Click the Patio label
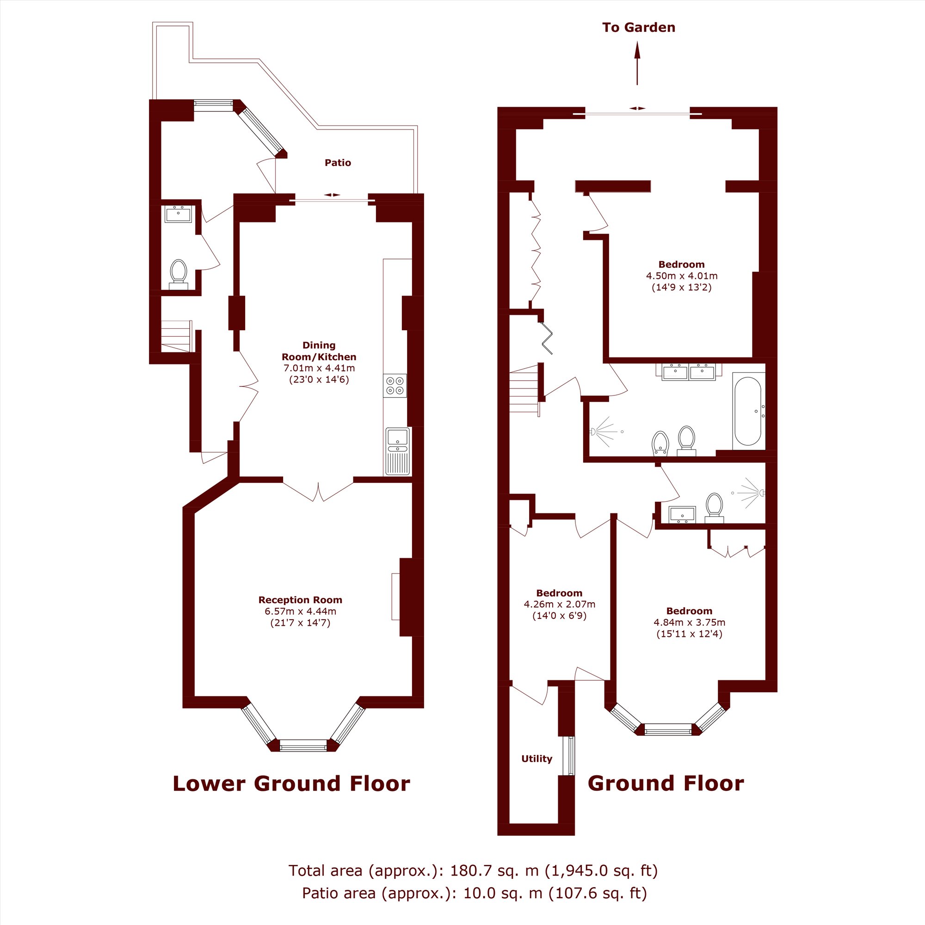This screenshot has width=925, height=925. pyautogui.click(x=338, y=163)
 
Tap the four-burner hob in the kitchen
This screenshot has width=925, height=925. pyautogui.click(x=395, y=386)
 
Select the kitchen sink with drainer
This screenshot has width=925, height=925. pyautogui.click(x=397, y=451)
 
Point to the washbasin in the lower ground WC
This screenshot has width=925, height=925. pyautogui.click(x=178, y=214)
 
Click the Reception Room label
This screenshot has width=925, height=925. pyautogui.click(x=300, y=600)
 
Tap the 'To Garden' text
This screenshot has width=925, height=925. pyautogui.click(x=639, y=27)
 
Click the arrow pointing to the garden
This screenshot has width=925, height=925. pyautogui.click(x=637, y=63)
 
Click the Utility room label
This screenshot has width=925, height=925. pyautogui.click(x=536, y=758)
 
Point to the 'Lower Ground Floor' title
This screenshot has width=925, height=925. pyautogui.click(x=291, y=784)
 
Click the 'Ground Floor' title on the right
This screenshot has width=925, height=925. pyautogui.click(x=666, y=784)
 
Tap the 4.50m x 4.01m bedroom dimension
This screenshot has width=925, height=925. pyautogui.click(x=682, y=276)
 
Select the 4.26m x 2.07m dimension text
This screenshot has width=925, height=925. pyautogui.click(x=559, y=604)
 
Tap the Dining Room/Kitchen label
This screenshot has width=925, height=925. pyautogui.click(x=319, y=351)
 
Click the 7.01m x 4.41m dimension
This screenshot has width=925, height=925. pyautogui.click(x=319, y=368)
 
